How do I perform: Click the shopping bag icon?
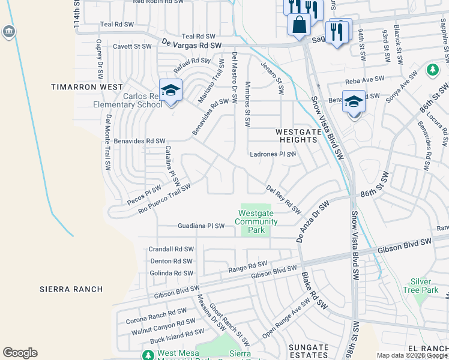pos(299,25)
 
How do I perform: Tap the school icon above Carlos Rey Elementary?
pos(170,91)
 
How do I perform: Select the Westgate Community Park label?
pos(256,221)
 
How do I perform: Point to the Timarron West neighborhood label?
pos(77,87)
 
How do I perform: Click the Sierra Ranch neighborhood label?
pos(71,289)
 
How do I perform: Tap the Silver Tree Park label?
pos(425,286)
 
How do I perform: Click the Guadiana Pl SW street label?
pos(201,226)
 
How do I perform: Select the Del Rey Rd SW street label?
pos(283,200)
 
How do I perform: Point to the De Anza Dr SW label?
pos(313,221)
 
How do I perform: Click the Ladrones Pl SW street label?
pos(273,154)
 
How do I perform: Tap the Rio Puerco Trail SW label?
pos(164,199)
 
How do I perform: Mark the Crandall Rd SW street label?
pos(172,249)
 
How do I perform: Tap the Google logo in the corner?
pos(20,353)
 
